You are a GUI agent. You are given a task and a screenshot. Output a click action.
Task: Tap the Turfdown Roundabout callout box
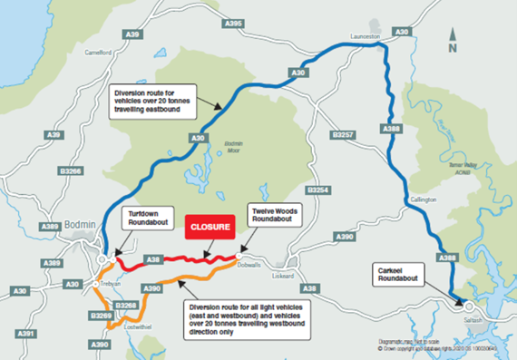point(138,216)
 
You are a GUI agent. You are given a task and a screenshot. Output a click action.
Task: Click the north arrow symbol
point(453,38)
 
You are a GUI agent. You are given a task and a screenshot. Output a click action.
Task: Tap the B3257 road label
point(342,134)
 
